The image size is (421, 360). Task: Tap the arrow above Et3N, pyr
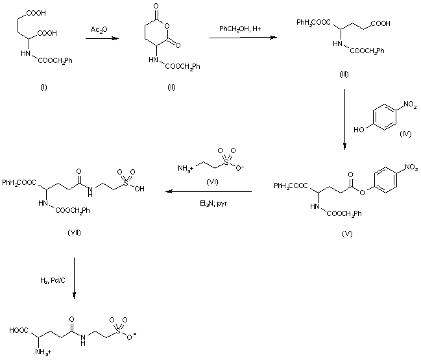point(207,192)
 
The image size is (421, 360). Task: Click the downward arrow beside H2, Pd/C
point(75,278)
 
